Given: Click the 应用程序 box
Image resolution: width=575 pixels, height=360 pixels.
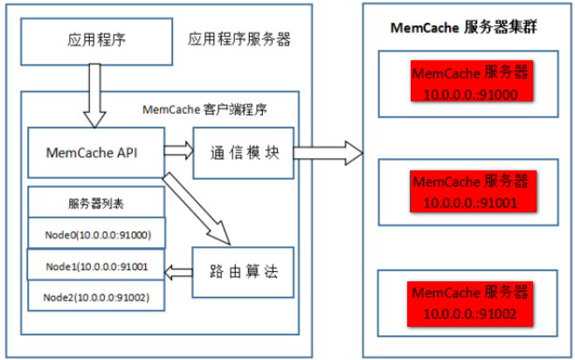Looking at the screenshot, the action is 96,42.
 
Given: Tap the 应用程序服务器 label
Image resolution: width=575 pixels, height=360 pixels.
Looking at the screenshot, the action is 239,39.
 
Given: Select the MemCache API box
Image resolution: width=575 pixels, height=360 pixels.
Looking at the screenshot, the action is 96,153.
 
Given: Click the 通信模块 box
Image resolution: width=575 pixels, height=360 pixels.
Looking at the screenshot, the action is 244,153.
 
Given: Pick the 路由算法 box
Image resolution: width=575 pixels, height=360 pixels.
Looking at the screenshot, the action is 243,272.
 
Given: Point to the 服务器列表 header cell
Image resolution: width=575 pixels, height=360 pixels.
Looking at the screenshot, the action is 96,203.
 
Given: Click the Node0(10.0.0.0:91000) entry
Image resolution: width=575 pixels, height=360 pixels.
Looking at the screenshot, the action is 97,233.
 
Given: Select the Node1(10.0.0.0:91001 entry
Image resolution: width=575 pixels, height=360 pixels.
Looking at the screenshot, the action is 96,265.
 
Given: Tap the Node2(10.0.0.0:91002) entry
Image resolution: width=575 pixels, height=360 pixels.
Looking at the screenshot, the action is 96,296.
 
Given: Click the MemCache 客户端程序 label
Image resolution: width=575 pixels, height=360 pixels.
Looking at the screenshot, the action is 204,109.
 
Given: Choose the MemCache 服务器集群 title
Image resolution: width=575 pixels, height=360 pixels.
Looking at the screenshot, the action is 463,27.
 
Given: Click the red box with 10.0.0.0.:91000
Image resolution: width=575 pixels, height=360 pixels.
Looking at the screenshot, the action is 472,81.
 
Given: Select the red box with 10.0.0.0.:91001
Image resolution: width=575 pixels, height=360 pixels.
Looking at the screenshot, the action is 473,191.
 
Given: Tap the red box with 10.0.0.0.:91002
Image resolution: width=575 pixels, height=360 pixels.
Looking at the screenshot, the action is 470,304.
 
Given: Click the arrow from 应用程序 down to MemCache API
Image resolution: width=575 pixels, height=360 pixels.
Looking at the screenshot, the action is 94,96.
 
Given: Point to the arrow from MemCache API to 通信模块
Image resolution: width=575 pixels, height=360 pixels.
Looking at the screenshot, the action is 178,150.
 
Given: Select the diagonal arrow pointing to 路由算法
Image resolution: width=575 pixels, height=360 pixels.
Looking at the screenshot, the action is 197,209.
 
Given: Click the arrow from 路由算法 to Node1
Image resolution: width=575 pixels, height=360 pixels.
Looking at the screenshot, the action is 178,273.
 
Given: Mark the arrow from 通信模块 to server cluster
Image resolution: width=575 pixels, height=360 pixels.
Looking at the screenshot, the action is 329,153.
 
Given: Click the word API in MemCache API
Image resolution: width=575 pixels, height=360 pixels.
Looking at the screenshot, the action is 127,153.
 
